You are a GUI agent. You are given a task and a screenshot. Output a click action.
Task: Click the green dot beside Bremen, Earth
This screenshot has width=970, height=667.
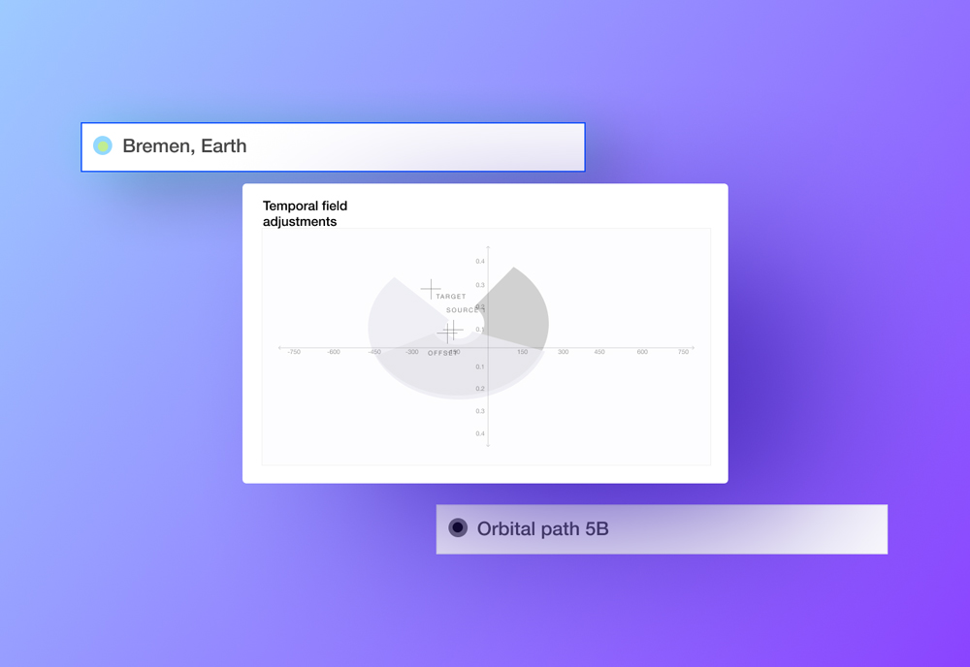(x=103, y=146)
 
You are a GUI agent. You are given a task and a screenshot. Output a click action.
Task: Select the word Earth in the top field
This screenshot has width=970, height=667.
(x=224, y=146)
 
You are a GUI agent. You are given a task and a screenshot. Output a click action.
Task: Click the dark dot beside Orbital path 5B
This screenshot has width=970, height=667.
(x=458, y=527)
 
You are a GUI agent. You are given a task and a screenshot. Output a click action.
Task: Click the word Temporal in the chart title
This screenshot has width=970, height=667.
(x=291, y=206)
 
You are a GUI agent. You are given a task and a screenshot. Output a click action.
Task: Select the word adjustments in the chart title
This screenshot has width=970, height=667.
(x=300, y=222)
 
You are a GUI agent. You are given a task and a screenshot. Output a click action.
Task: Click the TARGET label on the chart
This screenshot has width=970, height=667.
(x=451, y=297)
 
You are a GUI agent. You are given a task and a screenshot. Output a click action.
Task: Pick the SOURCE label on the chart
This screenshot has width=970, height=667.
(x=465, y=310)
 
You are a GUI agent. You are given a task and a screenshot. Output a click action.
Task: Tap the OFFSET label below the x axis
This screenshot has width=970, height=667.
(x=442, y=353)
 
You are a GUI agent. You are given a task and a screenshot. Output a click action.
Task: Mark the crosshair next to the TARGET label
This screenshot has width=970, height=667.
(x=431, y=289)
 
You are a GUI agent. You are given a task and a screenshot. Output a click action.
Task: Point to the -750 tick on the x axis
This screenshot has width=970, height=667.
(x=293, y=352)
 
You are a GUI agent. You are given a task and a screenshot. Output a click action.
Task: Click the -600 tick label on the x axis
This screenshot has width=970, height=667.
(x=334, y=352)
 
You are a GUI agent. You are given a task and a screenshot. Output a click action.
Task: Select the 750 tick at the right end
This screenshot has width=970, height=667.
(x=683, y=352)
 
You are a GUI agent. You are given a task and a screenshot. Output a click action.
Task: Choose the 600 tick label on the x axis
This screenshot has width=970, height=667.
(x=642, y=352)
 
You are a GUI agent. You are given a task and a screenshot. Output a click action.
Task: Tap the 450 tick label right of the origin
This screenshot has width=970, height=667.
(x=599, y=352)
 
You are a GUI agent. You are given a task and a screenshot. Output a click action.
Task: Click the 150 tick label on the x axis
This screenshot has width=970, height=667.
(x=522, y=352)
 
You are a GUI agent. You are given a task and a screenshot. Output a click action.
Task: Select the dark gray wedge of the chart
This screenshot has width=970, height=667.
(x=519, y=310)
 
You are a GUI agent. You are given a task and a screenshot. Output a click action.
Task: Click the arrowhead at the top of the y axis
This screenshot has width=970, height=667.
(x=488, y=248)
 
